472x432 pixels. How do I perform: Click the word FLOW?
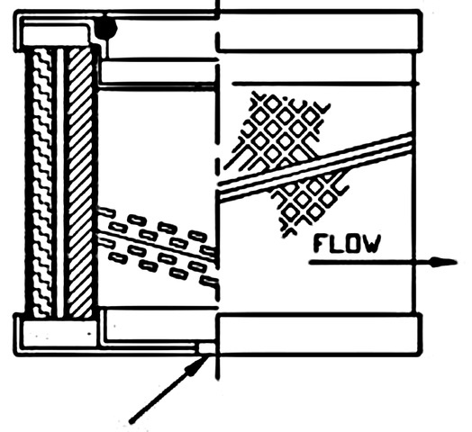[347, 244]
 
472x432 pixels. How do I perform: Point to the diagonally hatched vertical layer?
[80, 183]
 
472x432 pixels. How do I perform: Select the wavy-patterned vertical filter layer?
[42, 183]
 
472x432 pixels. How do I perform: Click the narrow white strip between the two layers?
[60, 183]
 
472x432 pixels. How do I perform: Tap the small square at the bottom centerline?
[207, 348]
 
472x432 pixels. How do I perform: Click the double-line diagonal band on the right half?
[315, 166]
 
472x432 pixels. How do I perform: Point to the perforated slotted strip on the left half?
[158, 245]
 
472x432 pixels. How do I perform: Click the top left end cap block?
[55, 36]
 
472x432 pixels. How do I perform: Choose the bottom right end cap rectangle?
[320, 333]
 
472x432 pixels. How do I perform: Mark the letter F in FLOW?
[320, 244]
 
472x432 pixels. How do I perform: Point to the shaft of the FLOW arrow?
[370, 262]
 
